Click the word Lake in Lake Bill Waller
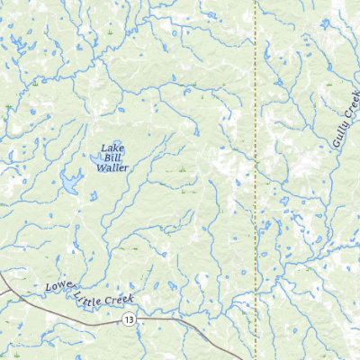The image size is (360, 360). pos(112,148)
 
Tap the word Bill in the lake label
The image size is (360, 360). pos(112,157)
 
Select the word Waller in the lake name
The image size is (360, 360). pos(112,167)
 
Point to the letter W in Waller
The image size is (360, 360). pos(100,167)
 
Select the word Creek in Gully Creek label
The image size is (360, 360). pos(352,104)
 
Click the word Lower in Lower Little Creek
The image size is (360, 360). pos(59,288)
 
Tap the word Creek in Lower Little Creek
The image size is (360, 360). pos(121,299)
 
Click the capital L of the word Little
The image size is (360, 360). pos(80,292)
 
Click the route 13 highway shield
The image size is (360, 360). pos(130,319)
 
